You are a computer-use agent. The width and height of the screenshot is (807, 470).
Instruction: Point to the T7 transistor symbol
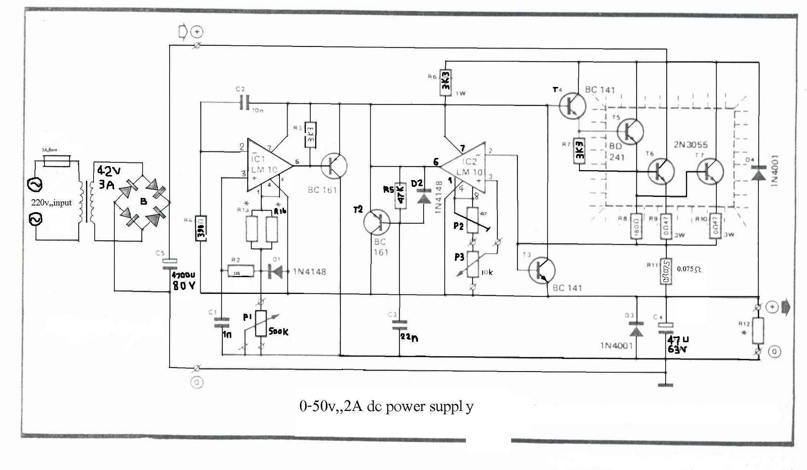click(710, 171)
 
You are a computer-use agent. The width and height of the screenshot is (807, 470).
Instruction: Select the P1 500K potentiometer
click(261, 323)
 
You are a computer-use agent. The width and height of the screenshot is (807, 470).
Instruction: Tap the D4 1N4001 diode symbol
click(758, 175)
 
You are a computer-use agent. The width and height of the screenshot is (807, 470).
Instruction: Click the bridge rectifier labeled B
click(142, 201)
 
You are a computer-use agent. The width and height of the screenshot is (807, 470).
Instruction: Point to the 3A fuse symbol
click(56, 161)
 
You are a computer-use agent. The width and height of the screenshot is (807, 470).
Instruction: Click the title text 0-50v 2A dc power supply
click(386, 406)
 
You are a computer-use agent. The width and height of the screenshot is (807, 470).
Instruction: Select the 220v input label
click(51, 203)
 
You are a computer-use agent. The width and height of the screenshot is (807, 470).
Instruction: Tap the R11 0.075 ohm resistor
click(666, 272)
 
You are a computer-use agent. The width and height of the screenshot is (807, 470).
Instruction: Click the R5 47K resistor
click(400, 195)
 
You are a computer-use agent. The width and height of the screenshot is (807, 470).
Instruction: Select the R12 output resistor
click(758, 331)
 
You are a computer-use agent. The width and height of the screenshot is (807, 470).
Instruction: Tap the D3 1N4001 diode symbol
click(637, 330)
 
